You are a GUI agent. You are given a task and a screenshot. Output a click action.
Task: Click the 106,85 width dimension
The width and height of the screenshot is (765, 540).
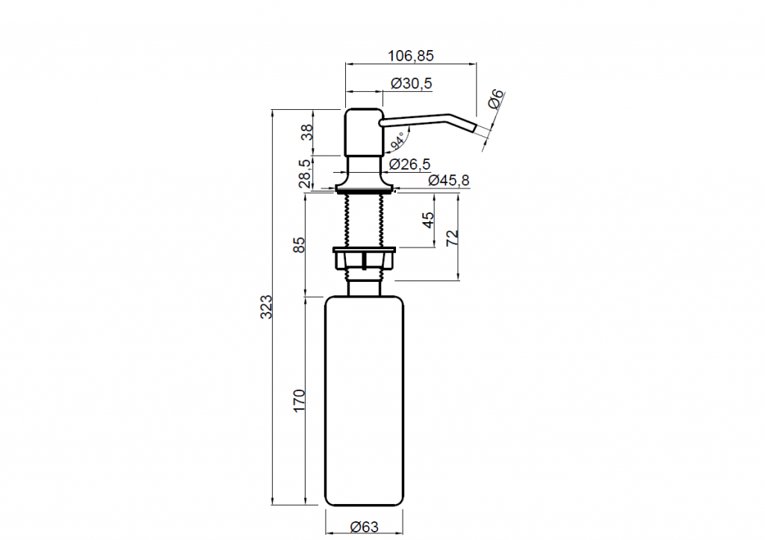[410, 55]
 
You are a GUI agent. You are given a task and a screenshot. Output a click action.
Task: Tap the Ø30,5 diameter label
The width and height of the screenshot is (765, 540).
[412, 84]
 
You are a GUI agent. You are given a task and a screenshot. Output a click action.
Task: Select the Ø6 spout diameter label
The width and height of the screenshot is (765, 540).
[495, 99]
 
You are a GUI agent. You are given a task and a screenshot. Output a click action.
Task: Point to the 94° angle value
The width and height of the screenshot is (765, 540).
[397, 140]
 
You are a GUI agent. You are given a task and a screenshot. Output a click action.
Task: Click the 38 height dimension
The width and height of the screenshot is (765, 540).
[307, 132]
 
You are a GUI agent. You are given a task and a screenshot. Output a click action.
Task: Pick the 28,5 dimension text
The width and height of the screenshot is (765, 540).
[305, 174]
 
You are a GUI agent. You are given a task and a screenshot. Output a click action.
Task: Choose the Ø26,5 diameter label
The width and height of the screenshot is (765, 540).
[410, 165]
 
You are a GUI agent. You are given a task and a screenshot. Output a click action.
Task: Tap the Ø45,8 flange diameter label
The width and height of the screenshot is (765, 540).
[449, 181]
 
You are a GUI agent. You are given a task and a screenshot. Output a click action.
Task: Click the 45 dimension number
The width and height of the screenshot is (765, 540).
[428, 220]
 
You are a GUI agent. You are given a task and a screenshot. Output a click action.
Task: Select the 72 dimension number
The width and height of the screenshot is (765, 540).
[453, 238]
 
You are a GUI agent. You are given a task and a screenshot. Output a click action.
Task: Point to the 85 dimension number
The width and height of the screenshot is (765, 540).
[299, 245]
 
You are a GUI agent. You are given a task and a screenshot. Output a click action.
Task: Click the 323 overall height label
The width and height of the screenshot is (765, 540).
[266, 307]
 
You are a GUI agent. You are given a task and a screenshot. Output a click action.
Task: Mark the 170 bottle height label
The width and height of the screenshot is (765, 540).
[299, 400]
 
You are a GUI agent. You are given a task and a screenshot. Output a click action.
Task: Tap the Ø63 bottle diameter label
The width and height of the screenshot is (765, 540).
[365, 527]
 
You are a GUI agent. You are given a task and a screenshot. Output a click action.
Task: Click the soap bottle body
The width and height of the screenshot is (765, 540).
[364, 401]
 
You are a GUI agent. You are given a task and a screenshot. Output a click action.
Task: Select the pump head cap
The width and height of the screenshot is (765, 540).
[364, 132]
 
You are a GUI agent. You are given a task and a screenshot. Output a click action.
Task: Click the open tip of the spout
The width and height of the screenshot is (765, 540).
[474, 128]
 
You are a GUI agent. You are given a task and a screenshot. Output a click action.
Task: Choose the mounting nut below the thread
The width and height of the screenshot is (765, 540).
[364, 258]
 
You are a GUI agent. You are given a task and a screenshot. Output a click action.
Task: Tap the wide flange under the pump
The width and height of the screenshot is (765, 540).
[364, 188]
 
